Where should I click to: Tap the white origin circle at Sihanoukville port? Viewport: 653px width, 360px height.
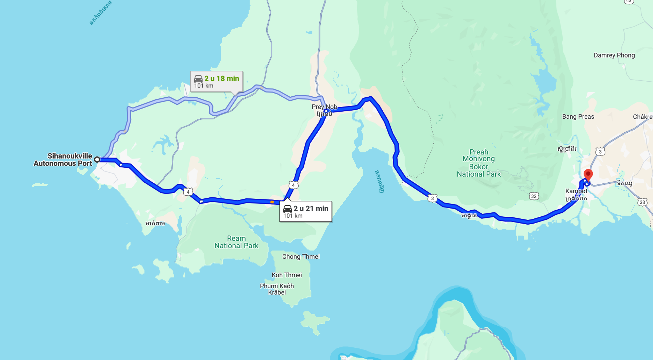point(97,159)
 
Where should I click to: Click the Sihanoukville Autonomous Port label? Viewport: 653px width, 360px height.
point(63,160)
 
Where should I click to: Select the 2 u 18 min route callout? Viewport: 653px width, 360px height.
point(217,81)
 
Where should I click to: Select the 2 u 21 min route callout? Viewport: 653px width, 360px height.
point(305,211)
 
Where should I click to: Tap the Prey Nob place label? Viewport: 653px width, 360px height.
point(324,107)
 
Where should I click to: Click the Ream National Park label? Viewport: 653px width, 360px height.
point(236,242)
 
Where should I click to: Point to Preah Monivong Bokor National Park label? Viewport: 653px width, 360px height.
point(479,163)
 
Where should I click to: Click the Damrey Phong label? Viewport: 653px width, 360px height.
point(614,55)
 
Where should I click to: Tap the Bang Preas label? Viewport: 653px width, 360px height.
point(578,116)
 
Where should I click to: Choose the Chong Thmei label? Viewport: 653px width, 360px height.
point(301,257)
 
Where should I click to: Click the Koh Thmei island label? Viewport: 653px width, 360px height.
point(287,275)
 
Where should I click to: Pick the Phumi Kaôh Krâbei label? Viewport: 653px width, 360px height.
point(277,289)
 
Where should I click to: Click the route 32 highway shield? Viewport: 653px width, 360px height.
point(534,196)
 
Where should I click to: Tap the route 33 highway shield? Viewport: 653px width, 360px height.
point(642,202)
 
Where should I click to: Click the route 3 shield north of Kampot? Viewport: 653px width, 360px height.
point(600,151)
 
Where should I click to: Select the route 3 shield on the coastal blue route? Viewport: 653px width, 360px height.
point(432,198)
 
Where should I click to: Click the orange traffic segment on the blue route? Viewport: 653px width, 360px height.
point(272,202)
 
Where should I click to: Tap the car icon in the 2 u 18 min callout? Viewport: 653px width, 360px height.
point(198,79)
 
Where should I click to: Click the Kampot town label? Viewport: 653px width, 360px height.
point(576,191)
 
